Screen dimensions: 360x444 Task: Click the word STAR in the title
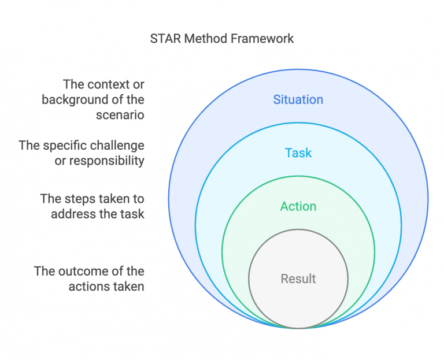[x=164, y=39]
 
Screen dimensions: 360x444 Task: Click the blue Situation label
[x=298, y=99]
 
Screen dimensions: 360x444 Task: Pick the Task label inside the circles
[x=298, y=153]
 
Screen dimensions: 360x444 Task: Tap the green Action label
[x=298, y=206]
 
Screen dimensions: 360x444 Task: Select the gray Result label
[x=298, y=279]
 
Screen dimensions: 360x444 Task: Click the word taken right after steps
[x=113, y=199]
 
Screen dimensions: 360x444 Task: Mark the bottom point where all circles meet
[x=298, y=328]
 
